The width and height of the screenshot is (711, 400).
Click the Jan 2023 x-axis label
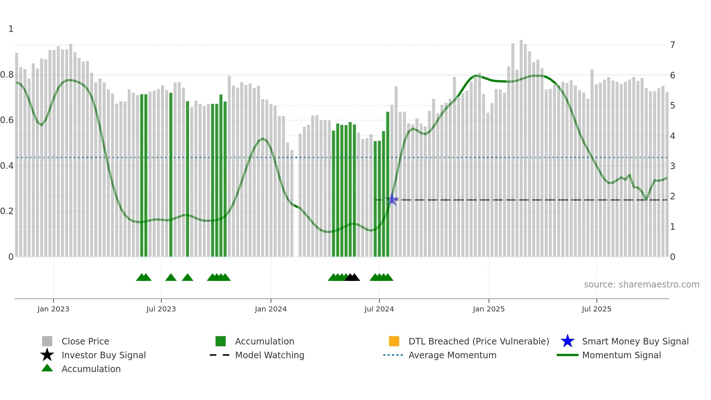tap(53, 309)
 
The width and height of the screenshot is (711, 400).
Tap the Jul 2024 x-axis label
tap(379, 309)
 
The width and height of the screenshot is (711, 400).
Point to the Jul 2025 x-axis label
tap(596, 309)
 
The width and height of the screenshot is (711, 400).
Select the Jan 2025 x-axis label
tap(489, 309)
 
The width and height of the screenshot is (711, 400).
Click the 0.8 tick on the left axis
tap(7, 75)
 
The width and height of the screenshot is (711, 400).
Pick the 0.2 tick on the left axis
tap(7, 211)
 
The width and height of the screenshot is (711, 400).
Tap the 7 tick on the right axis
tap(673, 45)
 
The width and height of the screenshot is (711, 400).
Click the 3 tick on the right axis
tap(673, 166)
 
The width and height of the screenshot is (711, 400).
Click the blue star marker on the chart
tap(392, 200)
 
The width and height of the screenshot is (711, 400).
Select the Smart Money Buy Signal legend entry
tap(635, 341)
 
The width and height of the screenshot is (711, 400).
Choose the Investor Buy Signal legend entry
tap(103, 355)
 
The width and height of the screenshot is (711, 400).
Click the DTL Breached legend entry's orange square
tap(394, 341)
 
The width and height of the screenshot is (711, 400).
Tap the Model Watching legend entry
tap(269, 355)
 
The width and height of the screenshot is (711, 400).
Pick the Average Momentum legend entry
tap(452, 355)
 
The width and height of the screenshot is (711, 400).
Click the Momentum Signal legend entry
tap(621, 355)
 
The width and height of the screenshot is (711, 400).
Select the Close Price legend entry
tap(85, 341)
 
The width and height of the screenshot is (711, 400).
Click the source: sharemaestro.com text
tap(641, 284)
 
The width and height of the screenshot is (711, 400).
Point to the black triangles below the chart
tap(352, 277)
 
